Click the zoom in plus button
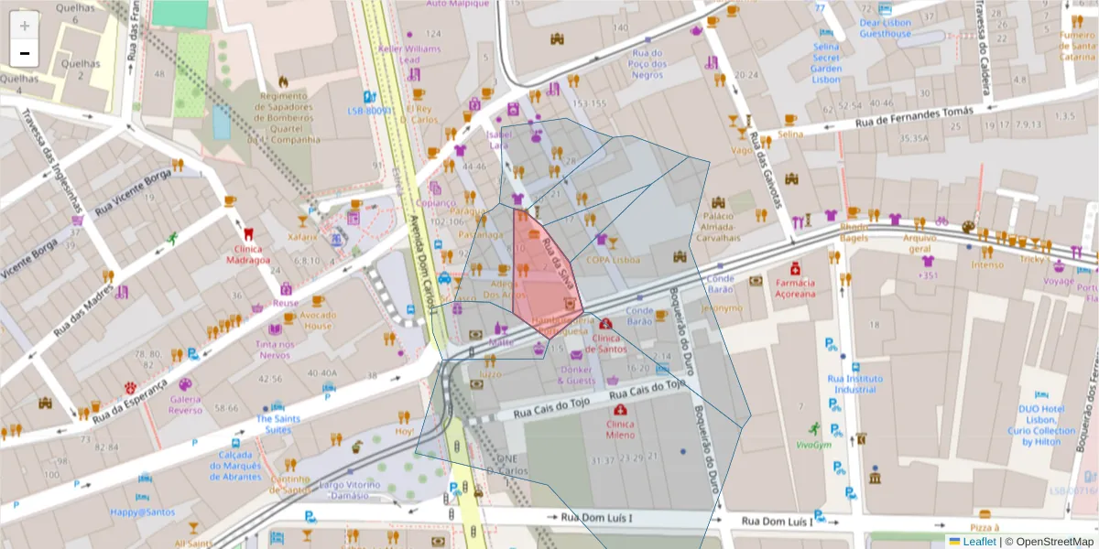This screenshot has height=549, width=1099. (25, 26)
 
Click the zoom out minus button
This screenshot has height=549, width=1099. (25, 53)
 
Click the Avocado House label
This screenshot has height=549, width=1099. (318, 321)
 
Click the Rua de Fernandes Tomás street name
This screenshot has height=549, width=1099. (913, 116)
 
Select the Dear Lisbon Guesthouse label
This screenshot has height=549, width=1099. (885, 27)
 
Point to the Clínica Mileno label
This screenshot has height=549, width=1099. (620, 430)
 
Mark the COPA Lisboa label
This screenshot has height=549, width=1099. (613, 259)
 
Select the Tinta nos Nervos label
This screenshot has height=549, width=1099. (276, 350)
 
